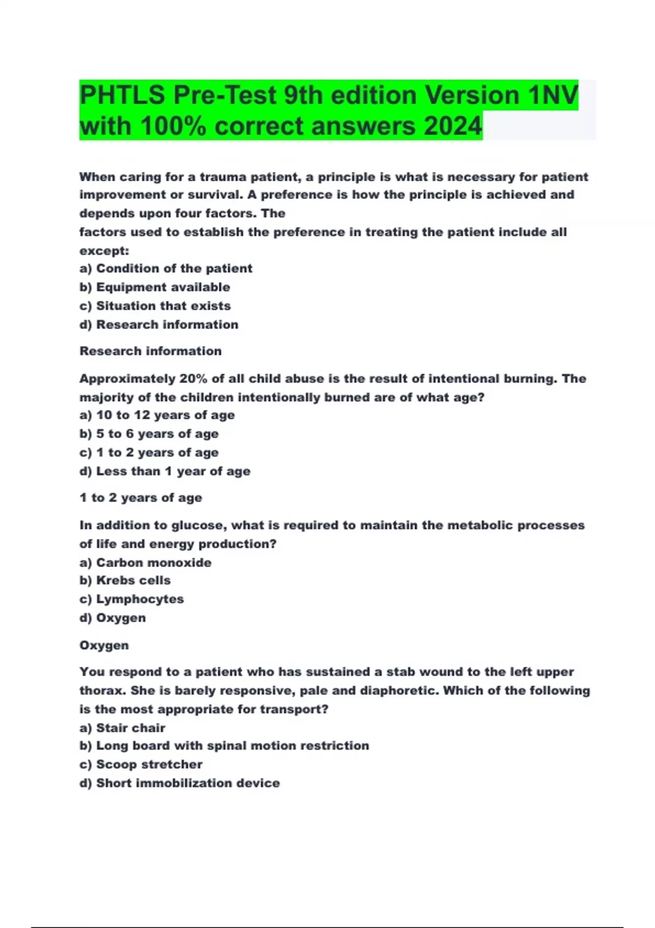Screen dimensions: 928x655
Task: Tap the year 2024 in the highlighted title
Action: tap(452, 126)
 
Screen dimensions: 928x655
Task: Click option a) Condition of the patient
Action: tap(166, 269)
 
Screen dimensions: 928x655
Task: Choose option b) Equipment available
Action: tap(154, 287)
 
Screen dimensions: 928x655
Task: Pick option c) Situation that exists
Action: tap(155, 306)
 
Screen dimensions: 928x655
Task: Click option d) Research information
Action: tap(159, 325)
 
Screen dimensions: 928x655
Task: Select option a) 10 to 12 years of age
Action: tap(157, 415)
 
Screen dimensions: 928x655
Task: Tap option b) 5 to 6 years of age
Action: tap(149, 434)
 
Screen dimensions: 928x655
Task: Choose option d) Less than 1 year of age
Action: tap(165, 472)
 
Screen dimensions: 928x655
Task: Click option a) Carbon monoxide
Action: tap(145, 563)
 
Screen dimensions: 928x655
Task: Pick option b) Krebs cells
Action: tap(125, 581)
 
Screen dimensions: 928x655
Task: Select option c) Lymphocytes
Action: tap(132, 599)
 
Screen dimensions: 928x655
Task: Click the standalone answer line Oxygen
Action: tap(104, 645)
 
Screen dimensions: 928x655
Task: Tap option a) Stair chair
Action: tap(122, 728)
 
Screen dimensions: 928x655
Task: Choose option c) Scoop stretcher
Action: tap(141, 765)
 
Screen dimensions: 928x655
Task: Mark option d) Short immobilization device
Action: tap(180, 783)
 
